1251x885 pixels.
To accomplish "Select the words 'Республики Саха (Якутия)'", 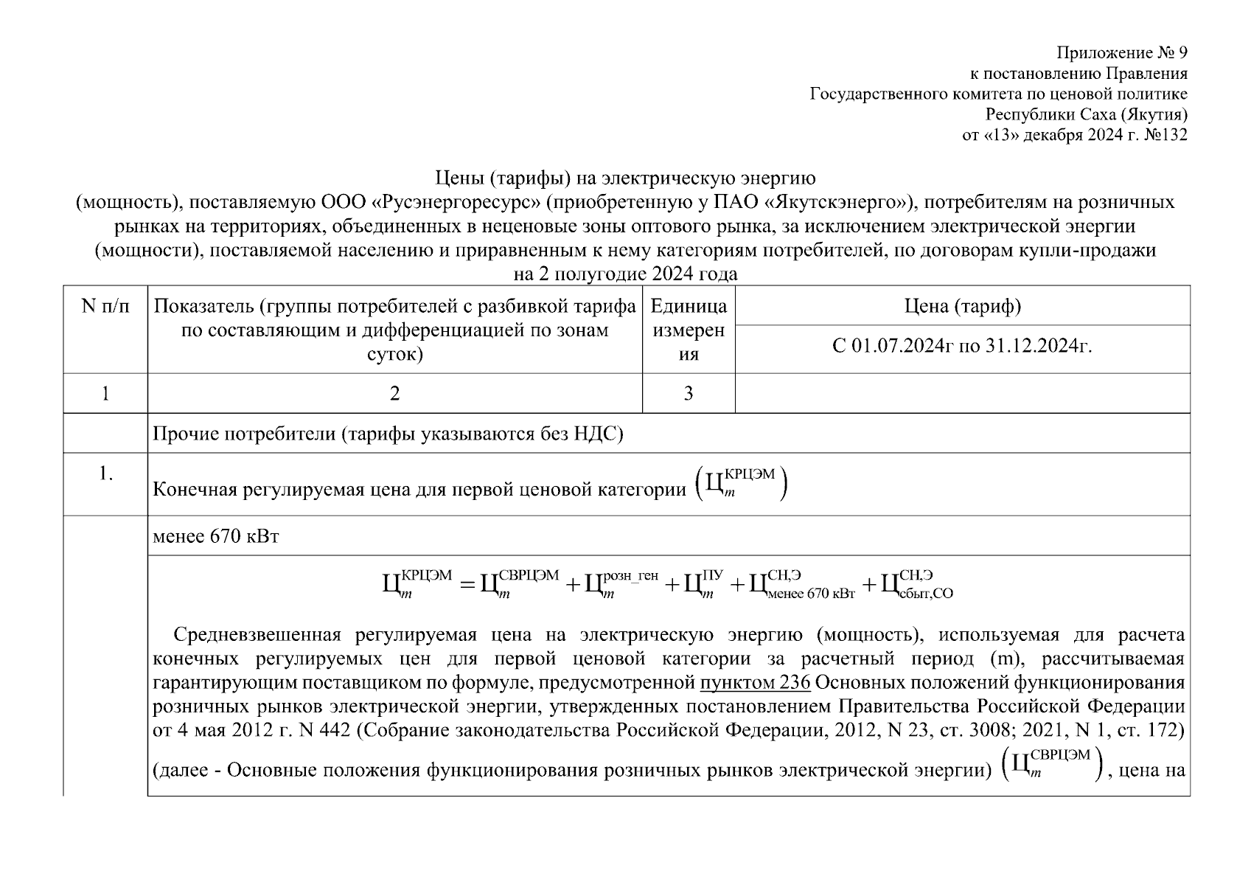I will (x=1087, y=114).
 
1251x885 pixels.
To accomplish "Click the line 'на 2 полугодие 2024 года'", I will (x=625, y=274).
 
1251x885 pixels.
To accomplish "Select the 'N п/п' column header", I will (x=105, y=307).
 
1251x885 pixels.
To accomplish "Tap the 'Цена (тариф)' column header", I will (x=962, y=306).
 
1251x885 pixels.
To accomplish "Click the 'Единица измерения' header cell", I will (x=689, y=330).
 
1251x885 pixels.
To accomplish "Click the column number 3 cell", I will (x=689, y=394).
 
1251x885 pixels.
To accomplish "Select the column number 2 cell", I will (x=395, y=394).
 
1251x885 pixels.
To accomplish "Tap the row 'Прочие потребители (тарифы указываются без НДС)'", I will (x=388, y=434).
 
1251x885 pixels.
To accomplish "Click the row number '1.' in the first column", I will (x=105, y=474).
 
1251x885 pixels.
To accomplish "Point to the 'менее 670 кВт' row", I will (x=216, y=536).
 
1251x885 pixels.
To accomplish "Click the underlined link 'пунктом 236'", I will (x=755, y=682).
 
